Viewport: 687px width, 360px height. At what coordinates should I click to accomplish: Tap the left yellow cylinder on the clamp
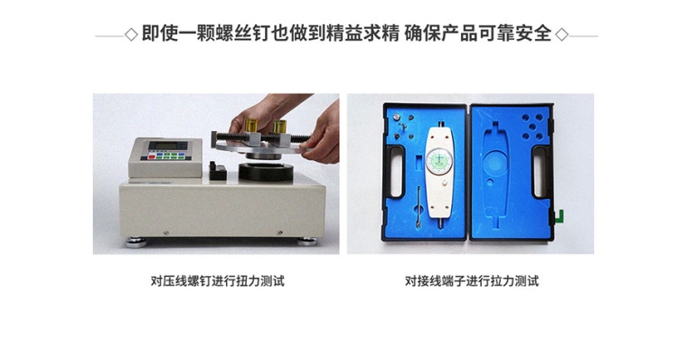pyautogui.click(x=251, y=126)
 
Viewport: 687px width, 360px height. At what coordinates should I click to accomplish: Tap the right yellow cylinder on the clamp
pyautogui.click(x=279, y=127)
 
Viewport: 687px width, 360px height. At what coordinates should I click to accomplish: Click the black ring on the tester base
pyautogui.click(x=266, y=172)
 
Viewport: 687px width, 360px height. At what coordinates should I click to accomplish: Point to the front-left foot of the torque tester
pyautogui.click(x=136, y=242)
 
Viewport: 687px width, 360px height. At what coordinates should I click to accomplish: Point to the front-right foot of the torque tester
pyautogui.click(x=306, y=242)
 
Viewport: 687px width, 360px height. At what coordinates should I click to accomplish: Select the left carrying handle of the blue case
pyautogui.click(x=395, y=172)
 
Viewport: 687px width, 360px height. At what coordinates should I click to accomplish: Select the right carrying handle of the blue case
pyautogui.click(x=540, y=172)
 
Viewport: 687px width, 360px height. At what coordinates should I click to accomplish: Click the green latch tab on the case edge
pyautogui.click(x=560, y=216)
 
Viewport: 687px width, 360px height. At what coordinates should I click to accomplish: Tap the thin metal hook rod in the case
pyautogui.click(x=419, y=206)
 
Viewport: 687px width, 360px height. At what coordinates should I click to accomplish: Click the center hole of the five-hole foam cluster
pyautogui.click(x=532, y=127)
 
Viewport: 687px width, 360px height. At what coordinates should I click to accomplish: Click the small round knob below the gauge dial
pyautogui.click(x=444, y=184)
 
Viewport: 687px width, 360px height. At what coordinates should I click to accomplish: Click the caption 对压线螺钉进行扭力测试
pyautogui.click(x=217, y=280)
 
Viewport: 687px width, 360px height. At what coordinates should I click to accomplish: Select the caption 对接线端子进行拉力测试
pyautogui.click(x=472, y=280)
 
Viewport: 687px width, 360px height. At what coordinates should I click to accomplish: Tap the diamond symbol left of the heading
pyautogui.click(x=131, y=34)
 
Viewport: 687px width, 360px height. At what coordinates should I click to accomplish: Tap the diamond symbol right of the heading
pyautogui.click(x=561, y=34)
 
